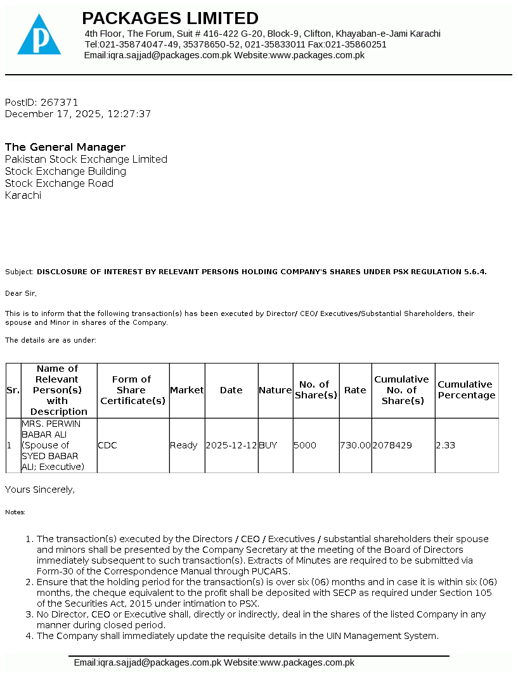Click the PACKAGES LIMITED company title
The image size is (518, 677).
170,18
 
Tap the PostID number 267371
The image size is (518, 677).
59,102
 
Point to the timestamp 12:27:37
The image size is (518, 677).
129,114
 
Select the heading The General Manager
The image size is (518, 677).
65,147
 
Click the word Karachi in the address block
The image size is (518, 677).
23,195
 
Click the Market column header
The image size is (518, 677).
187,390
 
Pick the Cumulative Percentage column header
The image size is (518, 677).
466,390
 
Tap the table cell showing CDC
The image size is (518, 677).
107,445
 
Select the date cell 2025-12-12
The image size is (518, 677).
231,445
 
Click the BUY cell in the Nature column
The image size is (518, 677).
268,445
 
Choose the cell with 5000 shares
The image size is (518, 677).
305,445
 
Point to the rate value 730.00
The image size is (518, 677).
355,445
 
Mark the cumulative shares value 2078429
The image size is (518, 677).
392,445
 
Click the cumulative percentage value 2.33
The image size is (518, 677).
446,445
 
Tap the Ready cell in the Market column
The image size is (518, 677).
184,445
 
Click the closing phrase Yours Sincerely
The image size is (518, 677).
40,490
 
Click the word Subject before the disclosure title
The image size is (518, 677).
19,272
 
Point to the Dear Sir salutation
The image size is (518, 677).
21,293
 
